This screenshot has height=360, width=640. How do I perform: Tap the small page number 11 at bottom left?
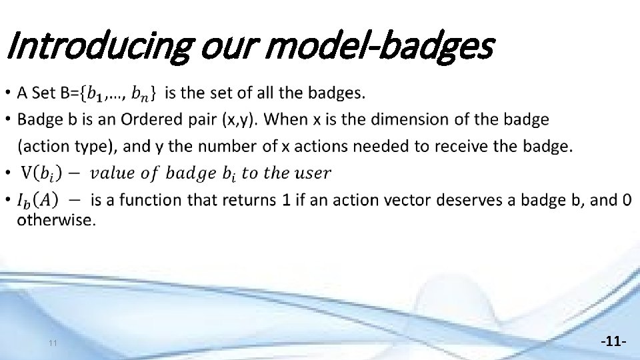click(53, 343)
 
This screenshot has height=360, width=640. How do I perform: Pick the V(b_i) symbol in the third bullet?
click(39, 173)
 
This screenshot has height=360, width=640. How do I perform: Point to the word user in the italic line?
click(311, 173)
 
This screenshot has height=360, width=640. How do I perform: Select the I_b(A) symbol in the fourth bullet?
click(37, 199)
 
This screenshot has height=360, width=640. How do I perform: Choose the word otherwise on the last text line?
click(56, 220)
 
